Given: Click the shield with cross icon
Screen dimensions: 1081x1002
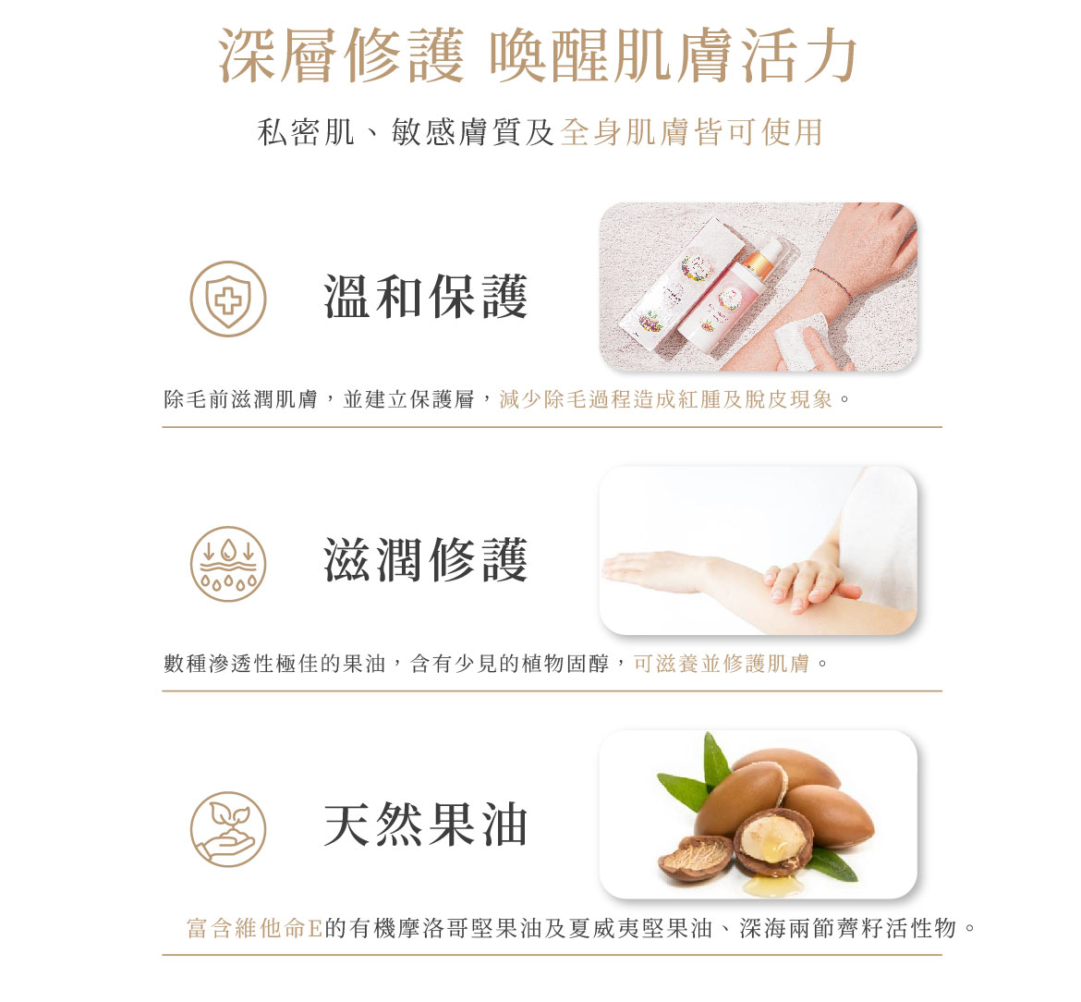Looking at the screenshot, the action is click(228, 299).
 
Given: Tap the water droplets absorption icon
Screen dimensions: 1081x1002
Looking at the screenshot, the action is click(228, 564).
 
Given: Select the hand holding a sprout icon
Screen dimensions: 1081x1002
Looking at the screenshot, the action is click(228, 829).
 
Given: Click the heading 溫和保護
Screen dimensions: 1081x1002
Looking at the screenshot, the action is click(426, 298).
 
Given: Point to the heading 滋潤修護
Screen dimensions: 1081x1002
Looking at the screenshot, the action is click(426, 560).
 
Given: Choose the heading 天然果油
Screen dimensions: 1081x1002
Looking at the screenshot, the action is click(426, 825).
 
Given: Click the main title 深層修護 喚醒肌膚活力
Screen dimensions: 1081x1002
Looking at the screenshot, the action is click(539, 55).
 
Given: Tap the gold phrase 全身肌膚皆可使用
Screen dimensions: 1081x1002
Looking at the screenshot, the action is click(691, 131).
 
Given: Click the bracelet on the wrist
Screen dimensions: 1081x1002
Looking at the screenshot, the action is click(832, 283).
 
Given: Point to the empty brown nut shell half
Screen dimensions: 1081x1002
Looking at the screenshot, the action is click(696, 858).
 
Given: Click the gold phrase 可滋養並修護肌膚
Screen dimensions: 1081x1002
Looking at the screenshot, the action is click(722, 664).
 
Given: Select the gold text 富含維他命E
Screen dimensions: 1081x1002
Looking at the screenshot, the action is click(255, 928).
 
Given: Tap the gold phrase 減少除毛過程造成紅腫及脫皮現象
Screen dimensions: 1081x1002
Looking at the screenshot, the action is click(666, 399).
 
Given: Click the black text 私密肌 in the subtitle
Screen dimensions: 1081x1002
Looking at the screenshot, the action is click(306, 131).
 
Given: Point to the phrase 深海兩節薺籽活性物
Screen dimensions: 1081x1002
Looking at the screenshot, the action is click(848, 928).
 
